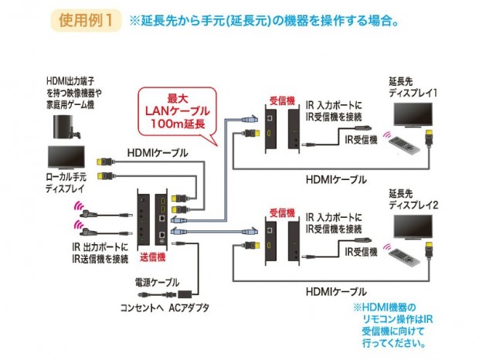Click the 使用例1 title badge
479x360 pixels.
[88, 20]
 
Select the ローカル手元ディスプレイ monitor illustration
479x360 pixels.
[66, 158]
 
